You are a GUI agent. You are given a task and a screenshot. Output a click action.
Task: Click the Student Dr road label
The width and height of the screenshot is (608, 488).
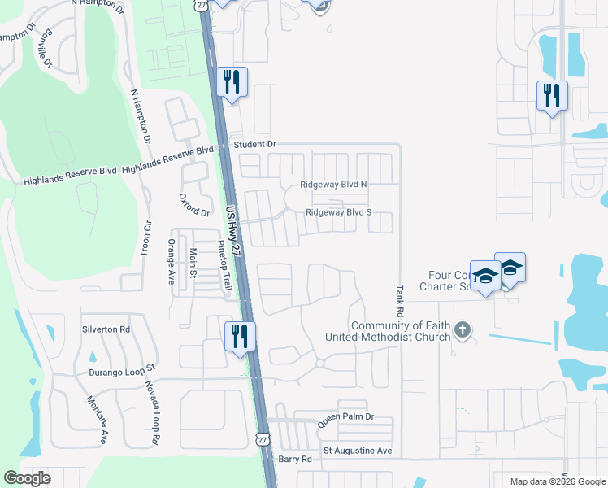(255, 144)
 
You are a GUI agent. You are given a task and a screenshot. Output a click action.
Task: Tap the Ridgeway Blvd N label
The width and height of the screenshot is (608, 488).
(334, 185)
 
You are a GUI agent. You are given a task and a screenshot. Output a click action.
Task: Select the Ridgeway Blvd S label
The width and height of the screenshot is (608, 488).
(338, 213)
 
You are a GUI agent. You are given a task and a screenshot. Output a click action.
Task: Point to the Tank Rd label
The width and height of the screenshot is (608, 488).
(400, 300)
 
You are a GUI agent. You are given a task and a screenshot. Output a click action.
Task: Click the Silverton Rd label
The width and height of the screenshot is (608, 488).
(106, 329)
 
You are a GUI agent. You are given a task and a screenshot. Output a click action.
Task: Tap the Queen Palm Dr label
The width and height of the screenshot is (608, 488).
(345, 416)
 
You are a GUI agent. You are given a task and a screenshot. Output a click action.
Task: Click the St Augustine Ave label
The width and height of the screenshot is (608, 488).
(358, 450)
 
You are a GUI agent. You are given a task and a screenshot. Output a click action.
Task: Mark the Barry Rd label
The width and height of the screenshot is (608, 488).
(295, 459)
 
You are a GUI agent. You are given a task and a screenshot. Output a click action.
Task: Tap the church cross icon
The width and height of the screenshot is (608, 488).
(463, 329)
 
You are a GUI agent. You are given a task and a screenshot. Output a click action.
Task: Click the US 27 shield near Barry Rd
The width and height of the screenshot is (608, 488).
(263, 438)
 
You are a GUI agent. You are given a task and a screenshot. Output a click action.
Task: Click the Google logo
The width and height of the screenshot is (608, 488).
(28, 478)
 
